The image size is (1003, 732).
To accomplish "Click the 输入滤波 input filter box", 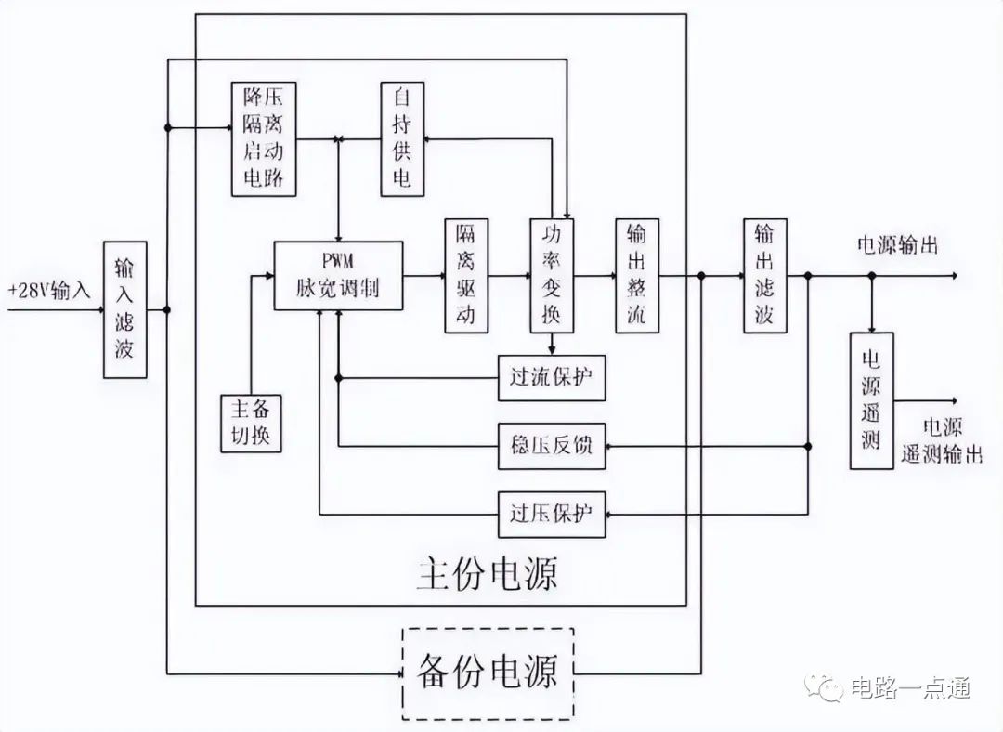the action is (125, 309).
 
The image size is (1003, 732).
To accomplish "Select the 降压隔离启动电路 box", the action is (264, 138).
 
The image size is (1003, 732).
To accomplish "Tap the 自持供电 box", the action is (402, 138).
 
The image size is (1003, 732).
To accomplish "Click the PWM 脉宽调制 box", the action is (338, 276).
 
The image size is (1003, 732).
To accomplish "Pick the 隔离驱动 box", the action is (466, 276).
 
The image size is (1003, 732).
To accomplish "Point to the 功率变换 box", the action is (552, 276).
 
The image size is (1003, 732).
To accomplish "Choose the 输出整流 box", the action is (637, 276).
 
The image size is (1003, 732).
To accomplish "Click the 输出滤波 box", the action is (765, 276).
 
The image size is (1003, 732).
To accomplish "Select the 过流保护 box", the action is (552, 378).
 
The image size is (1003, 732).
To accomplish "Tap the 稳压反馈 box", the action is (552, 446).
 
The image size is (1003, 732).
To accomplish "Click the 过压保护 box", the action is (552, 514).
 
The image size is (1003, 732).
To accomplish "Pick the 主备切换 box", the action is (251, 424).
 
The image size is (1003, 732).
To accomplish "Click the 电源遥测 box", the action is (871, 400).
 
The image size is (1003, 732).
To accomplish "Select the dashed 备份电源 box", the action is (488, 673).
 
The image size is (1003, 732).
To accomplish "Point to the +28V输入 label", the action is (48, 291).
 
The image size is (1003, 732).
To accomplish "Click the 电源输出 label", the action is (897, 245).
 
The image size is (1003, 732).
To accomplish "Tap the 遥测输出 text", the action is (943, 453).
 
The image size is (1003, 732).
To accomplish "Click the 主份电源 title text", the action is (488, 572).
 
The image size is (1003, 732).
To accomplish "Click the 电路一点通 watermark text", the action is (911, 687).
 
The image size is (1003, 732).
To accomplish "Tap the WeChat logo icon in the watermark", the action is (824, 687).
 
